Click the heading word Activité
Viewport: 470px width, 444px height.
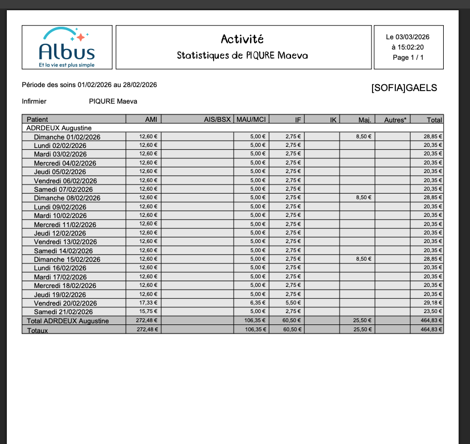click(x=242, y=39)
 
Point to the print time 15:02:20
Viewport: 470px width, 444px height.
click(x=408, y=47)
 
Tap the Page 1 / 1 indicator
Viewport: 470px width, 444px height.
click(x=408, y=57)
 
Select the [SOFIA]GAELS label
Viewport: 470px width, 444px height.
click(x=404, y=88)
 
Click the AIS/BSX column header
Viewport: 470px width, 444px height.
click(x=217, y=120)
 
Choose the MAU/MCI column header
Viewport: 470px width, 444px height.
click(x=251, y=120)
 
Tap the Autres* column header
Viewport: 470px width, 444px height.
click(x=395, y=120)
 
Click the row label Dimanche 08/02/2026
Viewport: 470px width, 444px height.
click(x=67, y=198)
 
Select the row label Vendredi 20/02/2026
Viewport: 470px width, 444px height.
click(x=65, y=303)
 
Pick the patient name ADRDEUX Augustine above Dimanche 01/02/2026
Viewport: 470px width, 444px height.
click(x=59, y=128)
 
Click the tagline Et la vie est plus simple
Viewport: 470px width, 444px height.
click(x=67, y=65)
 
